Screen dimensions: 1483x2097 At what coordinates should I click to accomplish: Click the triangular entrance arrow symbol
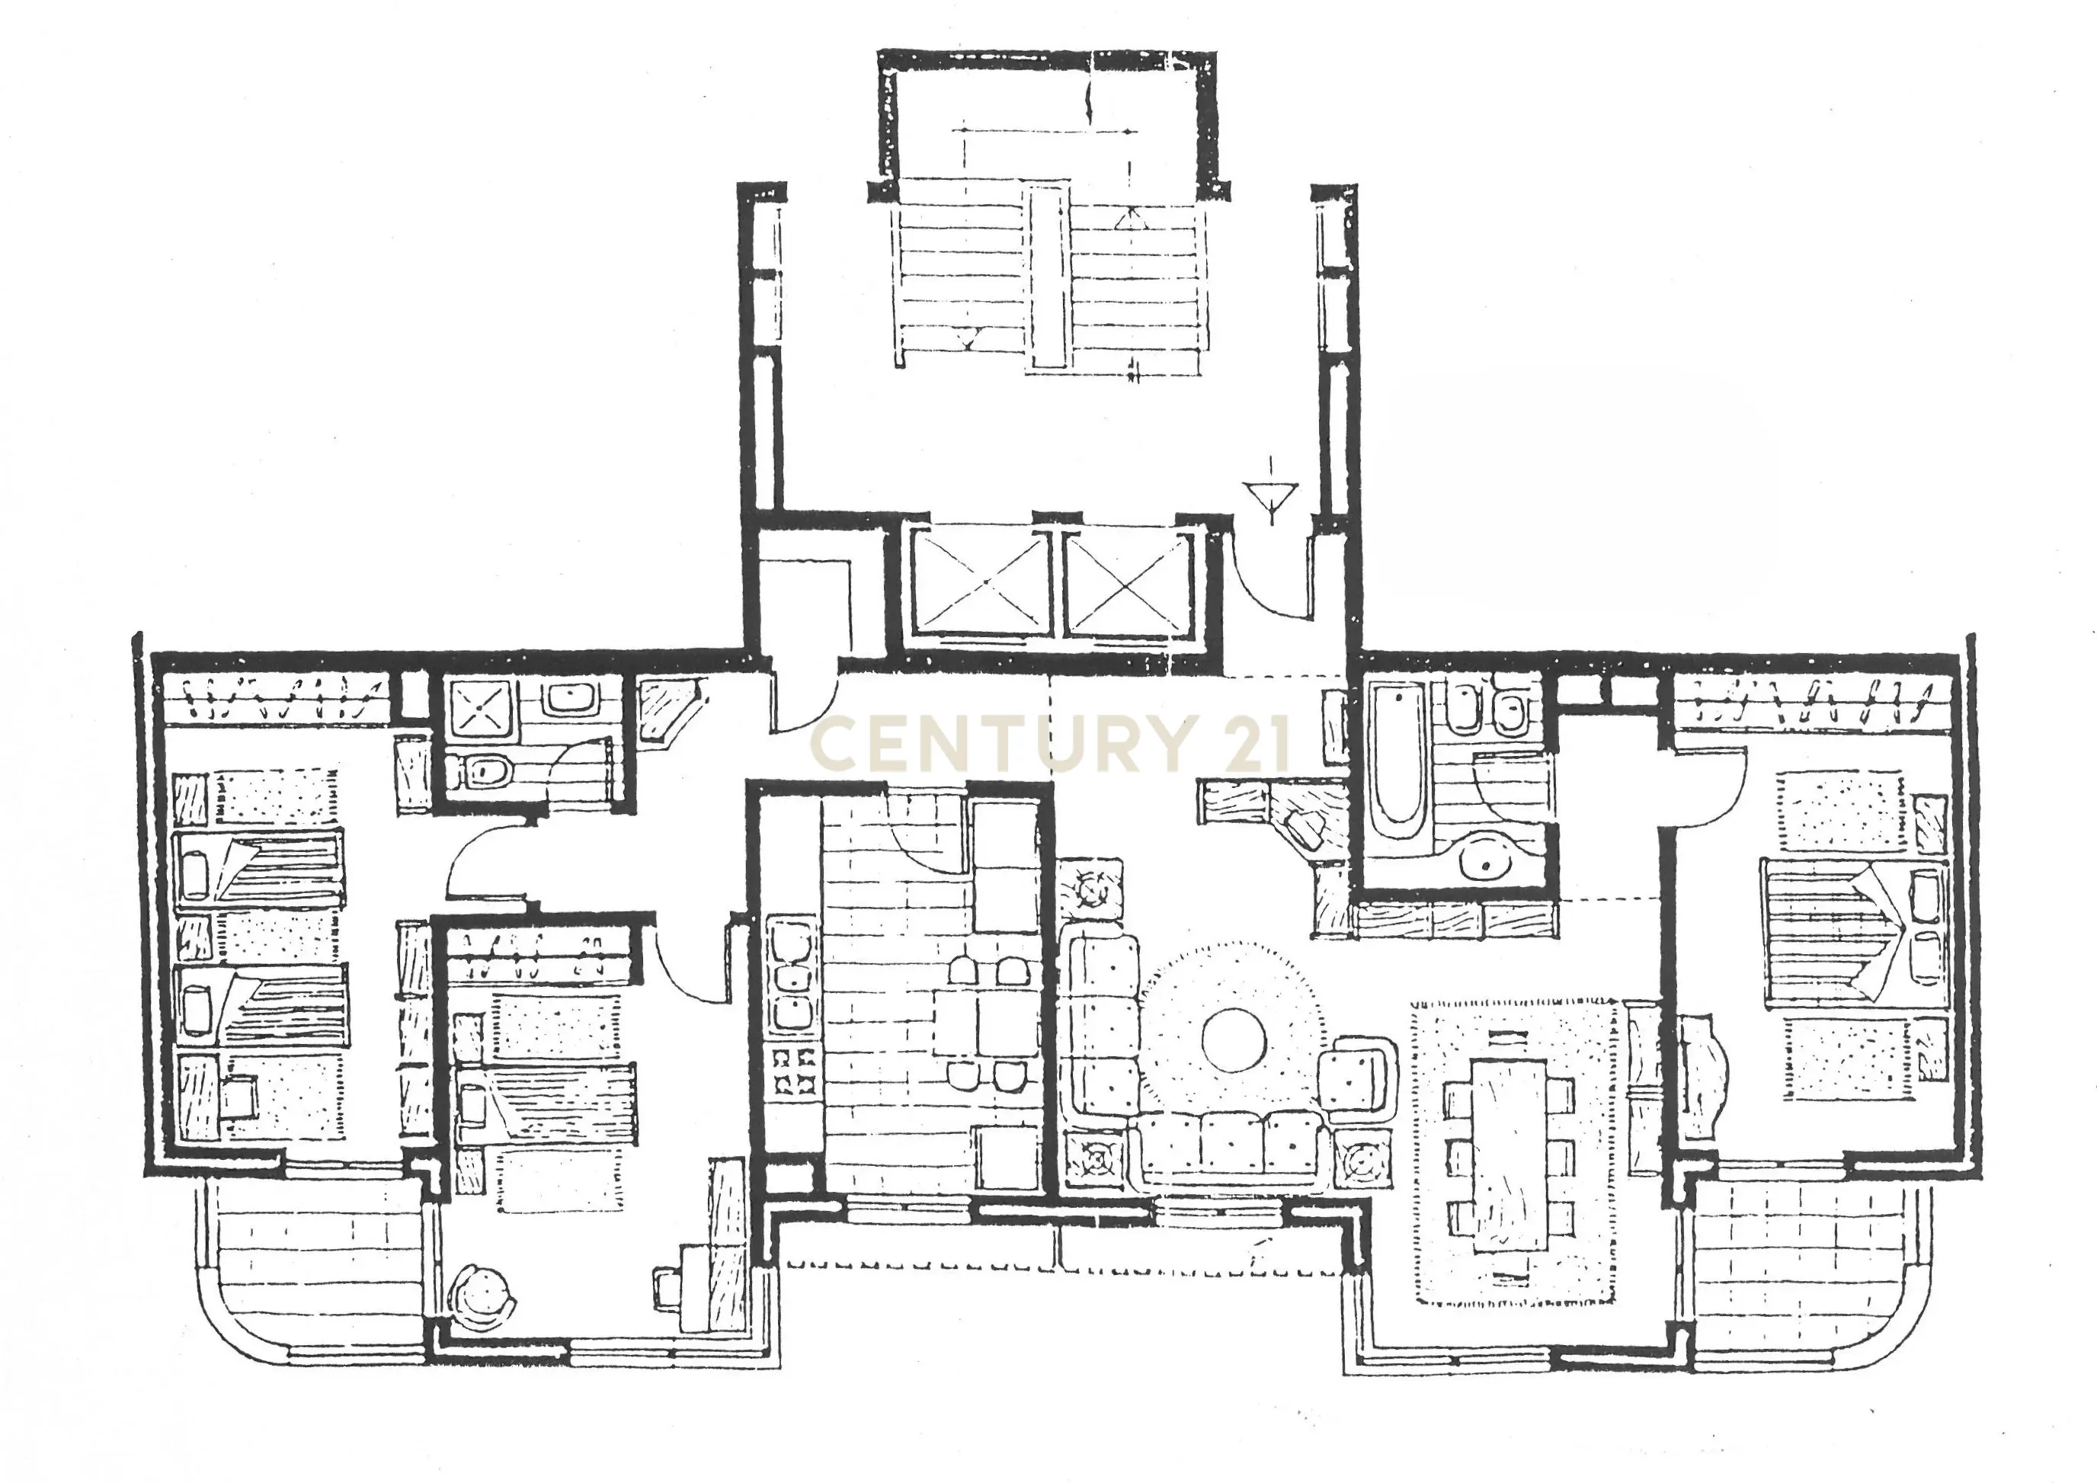tap(1273, 498)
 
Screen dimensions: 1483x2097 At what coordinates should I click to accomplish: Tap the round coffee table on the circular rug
tap(1234, 1039)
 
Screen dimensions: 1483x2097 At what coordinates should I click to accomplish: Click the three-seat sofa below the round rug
tap(1231, 1148)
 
